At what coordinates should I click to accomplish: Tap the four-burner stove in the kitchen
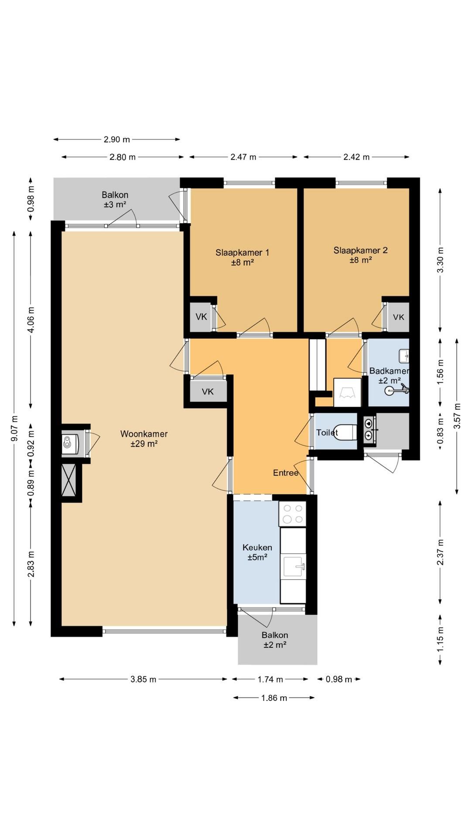tap(293, 514)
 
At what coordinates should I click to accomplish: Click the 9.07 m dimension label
tap(14, 428)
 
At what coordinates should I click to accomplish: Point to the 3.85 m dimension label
tap(143, 679)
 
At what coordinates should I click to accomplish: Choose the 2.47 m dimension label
tap(243, 157)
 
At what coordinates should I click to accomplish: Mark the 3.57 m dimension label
tap(457, 416)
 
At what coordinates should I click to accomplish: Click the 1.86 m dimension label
tap(274, 698)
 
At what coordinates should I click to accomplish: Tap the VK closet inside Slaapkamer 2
tap(399, 317)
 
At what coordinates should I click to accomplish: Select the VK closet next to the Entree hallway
tap(208, 391)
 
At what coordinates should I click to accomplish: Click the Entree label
tap(286, 473)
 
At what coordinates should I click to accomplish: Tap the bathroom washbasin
tap(404, 356)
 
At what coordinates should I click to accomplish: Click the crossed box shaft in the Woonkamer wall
tap(69, 480)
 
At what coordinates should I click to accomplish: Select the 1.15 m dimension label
tap(440, 640)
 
